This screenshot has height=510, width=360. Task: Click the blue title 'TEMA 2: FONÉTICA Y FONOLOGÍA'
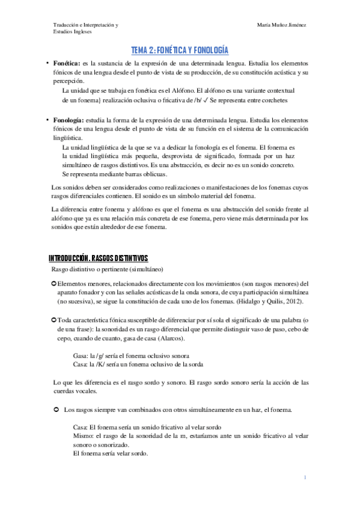click(x=180, y=51)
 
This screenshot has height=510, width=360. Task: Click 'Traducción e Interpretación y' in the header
click(x=85, y=26)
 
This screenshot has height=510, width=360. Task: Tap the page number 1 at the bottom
click(x=305, y=478)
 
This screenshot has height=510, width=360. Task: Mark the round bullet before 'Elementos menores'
click(x=54, y=283)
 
